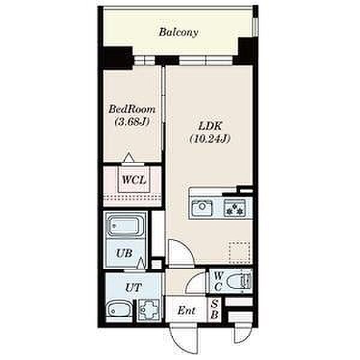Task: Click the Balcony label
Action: [179, 32]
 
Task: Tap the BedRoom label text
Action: [132, 109]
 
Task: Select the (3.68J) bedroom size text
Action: [132, 121]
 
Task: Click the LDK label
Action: [211, 126]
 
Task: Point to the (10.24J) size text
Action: [210, 139]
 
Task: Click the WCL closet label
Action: [134, 180]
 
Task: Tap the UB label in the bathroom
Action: [124, 253]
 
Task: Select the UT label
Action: [133, 287]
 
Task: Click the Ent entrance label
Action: [187, 311]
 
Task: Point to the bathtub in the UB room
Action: [125, 225]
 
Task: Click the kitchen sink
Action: [202, 208]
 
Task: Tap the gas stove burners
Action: [235, 208]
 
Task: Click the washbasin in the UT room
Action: [119, 310]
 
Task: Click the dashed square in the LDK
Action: [239, 253]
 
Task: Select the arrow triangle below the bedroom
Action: [129, 157]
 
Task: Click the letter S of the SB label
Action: [214, 304]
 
